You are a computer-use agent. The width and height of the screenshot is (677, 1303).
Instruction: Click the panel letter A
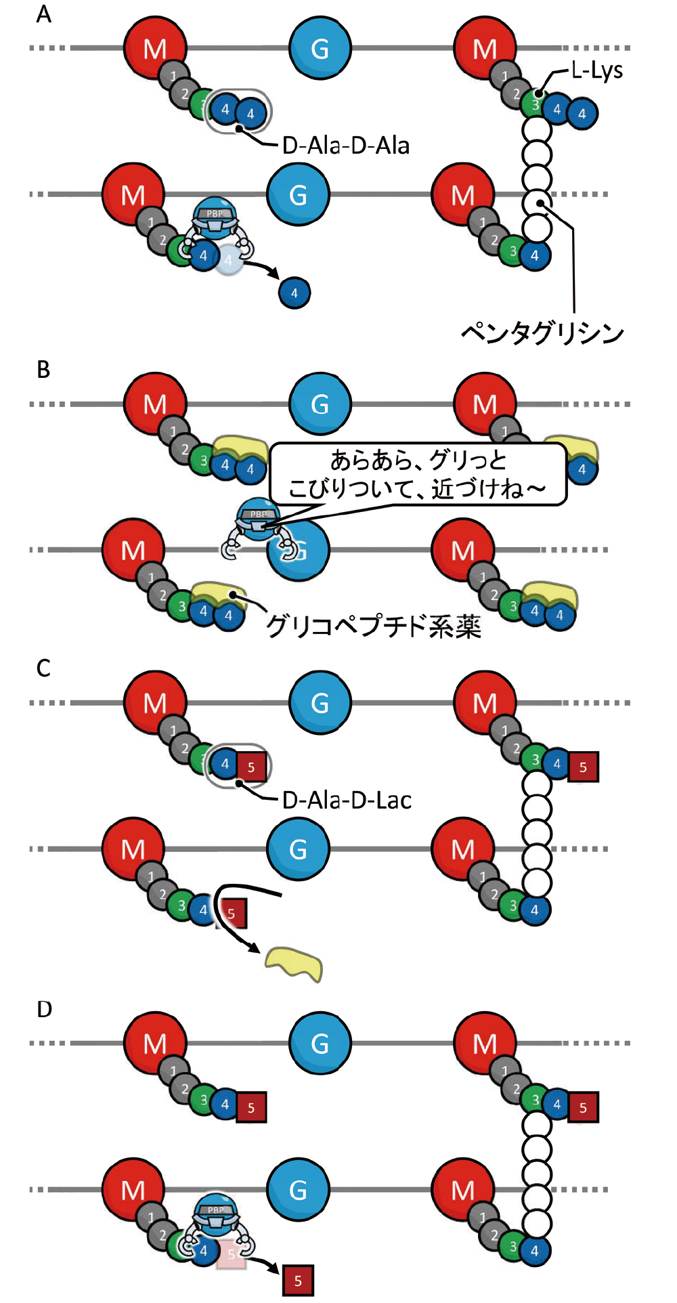tap(43, 14)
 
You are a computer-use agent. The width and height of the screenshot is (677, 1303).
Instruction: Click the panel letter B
tap(43, 369)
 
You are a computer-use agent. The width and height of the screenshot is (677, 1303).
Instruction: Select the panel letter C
tap(43, 668)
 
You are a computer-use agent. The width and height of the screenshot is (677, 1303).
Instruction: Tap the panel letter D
tap(44, 1009)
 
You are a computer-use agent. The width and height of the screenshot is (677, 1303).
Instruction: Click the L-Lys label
tap(596, 70)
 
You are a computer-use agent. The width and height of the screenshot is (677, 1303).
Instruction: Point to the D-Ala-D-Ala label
tap(345, 146)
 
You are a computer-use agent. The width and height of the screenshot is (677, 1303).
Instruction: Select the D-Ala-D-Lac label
tap(347, 800)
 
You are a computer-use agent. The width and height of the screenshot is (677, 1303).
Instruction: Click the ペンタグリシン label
tap(542, 333)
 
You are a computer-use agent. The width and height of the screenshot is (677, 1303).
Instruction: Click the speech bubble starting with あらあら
tap(418, 474)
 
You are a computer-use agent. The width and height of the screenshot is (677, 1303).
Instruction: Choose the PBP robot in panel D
tap(216, 1216)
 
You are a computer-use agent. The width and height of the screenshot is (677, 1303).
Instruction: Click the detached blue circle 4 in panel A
tap(294, 293)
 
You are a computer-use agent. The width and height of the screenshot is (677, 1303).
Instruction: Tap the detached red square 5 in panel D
tap(298, 1281)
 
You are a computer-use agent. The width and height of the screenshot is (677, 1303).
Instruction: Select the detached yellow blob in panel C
tap(294, 963)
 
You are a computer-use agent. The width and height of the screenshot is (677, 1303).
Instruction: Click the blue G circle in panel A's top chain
tap(320, 49)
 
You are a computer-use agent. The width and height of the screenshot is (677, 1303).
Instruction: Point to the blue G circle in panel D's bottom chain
tap(298, 1189)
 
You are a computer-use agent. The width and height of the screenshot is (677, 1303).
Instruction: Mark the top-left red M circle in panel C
tap(155, 703)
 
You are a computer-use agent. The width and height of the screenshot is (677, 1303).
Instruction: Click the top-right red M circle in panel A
tap(485, 49)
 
